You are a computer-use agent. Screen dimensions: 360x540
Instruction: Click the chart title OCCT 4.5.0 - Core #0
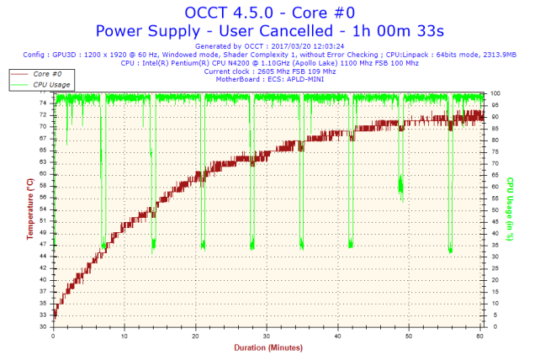[268, 13]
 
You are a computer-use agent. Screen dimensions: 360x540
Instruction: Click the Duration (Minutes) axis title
[268, 347]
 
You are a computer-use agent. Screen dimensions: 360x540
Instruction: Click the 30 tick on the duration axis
[267, 334]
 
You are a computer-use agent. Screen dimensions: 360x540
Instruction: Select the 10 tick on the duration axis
[124, 334]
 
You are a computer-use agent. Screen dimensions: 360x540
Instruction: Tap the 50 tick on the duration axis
[409, 334]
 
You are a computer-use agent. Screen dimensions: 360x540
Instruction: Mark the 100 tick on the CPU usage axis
[496, 93]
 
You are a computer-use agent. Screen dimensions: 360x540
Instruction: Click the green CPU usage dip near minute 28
[252, 243]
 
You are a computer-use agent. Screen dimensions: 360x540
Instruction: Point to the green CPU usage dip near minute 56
[451, 248]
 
